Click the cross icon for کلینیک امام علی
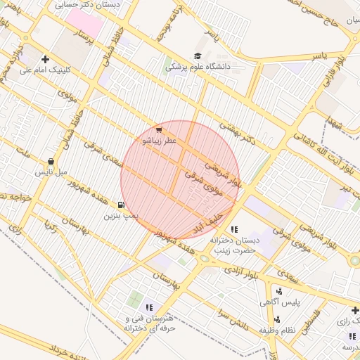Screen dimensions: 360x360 pos(46,60)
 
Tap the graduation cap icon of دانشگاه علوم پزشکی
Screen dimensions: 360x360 pos(198,56)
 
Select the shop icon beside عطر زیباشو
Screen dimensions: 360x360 pos(159,130)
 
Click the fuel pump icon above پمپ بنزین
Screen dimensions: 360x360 pos(122,205)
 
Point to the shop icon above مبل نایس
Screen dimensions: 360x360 pos(51,162)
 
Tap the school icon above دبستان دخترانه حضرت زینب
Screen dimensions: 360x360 pos(234,229)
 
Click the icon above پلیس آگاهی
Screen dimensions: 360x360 pos(280,291)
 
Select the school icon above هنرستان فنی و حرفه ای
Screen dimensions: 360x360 pos(148,307)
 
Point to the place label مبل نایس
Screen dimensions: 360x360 pos(51,172)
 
